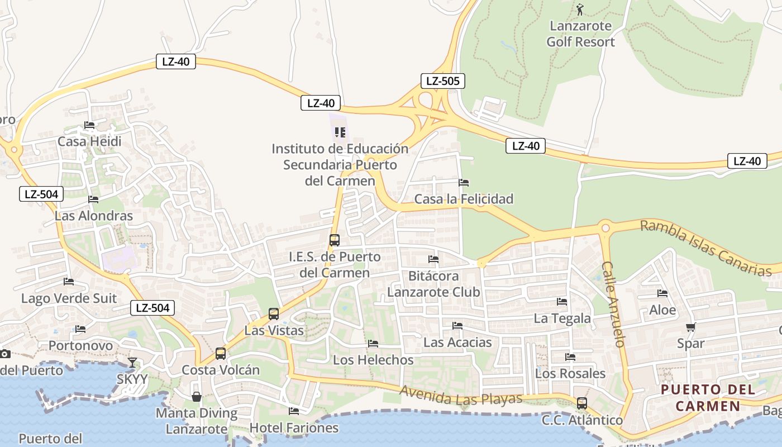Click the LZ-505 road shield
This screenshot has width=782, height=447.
pos(442,81)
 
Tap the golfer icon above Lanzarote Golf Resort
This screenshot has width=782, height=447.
pos(580,9)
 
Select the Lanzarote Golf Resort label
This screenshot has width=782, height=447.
pos(580,34)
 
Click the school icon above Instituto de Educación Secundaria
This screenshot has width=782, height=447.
pos(340,132)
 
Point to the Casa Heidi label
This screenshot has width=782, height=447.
pos(89,141)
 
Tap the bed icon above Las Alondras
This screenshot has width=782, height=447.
pos(93,199)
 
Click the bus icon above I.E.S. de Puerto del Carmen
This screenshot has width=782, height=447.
pos(335,240)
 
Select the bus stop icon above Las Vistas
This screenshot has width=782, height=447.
pos(274,314)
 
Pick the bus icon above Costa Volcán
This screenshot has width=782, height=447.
pos(221,354)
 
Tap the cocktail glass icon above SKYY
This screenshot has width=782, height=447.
pos(132,363)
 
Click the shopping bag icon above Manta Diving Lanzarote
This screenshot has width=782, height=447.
pos(197,397)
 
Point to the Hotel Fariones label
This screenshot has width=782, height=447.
pos(294,428)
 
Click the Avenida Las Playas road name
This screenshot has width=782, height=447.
pos(461,396)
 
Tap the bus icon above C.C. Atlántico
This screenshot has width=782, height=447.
pos(582,403)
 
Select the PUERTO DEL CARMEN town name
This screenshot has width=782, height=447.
pos(708,398)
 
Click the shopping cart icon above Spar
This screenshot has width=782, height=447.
pos(691,327)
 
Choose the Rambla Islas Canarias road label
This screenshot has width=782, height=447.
pos(705,248)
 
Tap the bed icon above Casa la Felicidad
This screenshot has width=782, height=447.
pos(464,183)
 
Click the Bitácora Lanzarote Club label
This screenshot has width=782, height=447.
pos(433,284)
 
